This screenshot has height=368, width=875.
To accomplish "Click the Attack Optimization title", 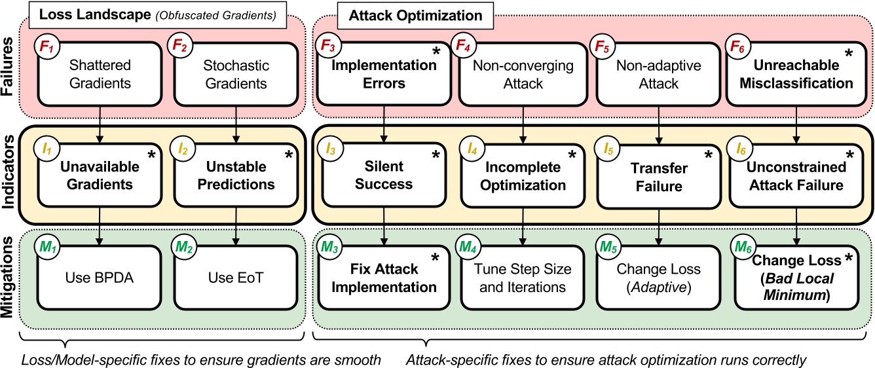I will pos(415,14).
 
